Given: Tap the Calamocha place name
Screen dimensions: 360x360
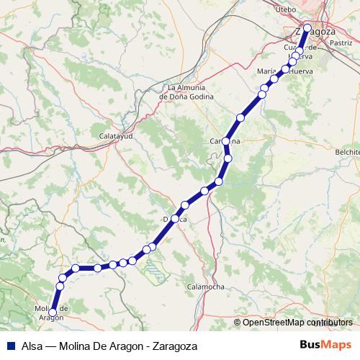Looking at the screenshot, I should click(x=204, y=286).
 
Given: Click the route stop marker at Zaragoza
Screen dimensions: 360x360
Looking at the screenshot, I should click(x=307, y=28).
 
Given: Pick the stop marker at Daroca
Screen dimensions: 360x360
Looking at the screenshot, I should click(x=175, y=218).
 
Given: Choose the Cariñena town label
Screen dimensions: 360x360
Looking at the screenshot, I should click(x=225, y=141).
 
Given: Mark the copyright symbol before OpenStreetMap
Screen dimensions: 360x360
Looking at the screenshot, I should click(x=238, y=323).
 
